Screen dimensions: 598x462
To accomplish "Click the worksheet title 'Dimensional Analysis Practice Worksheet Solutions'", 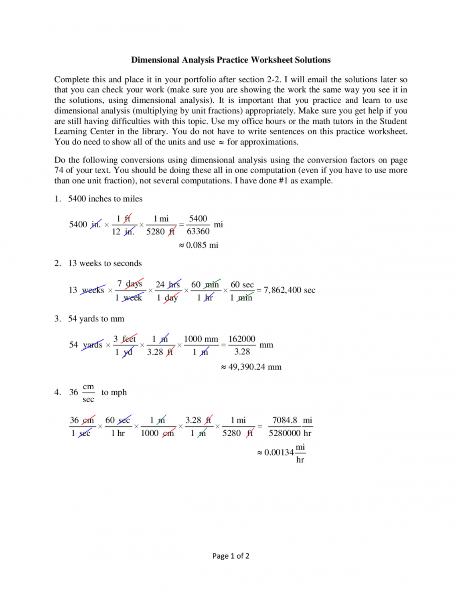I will click(x=231, y=60).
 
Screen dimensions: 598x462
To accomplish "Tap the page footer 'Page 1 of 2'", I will click(x=231, y=556).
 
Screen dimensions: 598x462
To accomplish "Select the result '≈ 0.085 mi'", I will click(x=199, y=245).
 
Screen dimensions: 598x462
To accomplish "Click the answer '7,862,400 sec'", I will click(x=289, y=290).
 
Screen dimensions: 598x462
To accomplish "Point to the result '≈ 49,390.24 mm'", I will click(x=251, y=367).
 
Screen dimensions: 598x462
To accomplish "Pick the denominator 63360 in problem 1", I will click(x=198, y=231).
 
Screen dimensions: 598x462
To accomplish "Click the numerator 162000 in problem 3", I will click(x=242, y=339).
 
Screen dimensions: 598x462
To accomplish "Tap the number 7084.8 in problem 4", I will click(x=285, y=420).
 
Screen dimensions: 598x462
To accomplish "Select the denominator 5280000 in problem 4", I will click(x=284, y=433).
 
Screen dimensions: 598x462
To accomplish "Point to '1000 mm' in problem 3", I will click(x=201, y=339).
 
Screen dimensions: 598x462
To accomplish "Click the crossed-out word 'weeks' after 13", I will click(x=93, y=290).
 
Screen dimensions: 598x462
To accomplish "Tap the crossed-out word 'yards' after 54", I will click(x=93, y=345).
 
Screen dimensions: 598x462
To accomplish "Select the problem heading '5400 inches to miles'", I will click(x=105, y=199).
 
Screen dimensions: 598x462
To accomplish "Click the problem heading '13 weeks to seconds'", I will click(x=105, y=263).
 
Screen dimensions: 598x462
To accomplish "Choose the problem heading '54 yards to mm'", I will click(x=96, y=319).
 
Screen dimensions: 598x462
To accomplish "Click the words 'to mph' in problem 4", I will click(x=114, y=392).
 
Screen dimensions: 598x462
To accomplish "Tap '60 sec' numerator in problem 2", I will click(x=242, y=285).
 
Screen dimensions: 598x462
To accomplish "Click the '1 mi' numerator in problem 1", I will click(x=161, y=219).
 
